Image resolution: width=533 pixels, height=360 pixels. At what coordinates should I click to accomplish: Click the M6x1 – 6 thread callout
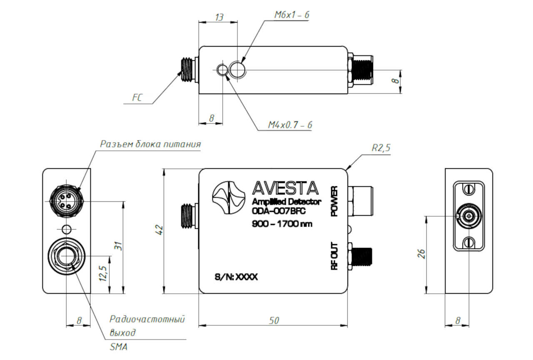pyautogui.click(x=292, y=15)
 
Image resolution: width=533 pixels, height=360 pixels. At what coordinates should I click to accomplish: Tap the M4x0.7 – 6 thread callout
pyautogui.click(x=290, y=125)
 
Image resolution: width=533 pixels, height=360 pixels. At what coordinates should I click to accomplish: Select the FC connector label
pyautogui.click(x=137, y=97)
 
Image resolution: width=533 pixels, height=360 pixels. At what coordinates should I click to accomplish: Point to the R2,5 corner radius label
pyautogui.click(x=381, y=148)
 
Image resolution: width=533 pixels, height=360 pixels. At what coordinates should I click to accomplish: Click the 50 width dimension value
pyautogui.click(x=274, y=321)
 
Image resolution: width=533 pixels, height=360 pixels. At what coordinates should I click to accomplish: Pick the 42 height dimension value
pyautogui.click(x=159, y=230)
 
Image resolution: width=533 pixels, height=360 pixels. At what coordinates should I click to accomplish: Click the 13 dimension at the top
pyautogui.click(x=219, y=17)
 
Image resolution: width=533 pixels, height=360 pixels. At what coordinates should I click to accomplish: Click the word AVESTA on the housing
pyautogui.click(x=285, y=188)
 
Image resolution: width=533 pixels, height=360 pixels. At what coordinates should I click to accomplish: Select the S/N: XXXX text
pyautogui.click(x=236, y=277)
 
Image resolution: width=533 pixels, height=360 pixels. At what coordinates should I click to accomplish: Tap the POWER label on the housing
pyautogui.click(x=334, y=201)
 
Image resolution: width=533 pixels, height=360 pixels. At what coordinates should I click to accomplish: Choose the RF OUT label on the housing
pyautogui.click(x=334, y=256)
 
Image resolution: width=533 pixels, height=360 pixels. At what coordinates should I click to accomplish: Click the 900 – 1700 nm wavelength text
pyautogui.click(x=282, y=224)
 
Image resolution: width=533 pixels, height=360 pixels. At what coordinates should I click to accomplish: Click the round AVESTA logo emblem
pyautogui.click(x=229, y=197)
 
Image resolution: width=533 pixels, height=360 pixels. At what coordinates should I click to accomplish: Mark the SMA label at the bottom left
pyautogui.click(x=119, y=347)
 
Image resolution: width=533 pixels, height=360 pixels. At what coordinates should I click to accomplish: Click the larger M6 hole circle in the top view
pyautogui.click(x=237, y=70)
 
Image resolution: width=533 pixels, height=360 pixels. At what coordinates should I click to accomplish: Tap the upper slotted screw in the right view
pyautogui.click(x=468, y=190)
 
